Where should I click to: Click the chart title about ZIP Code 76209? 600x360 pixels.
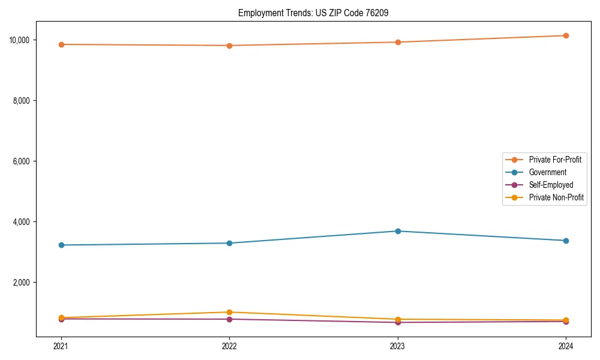(313, 13)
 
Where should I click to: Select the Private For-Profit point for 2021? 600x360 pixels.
(61, 44)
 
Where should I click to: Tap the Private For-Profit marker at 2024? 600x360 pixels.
(566, 35)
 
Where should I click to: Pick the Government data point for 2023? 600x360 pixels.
(398, 231)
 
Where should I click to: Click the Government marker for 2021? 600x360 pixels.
(61, 245)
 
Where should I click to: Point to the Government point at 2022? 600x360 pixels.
(229, 243)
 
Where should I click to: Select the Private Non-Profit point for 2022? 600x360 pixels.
(229, 312)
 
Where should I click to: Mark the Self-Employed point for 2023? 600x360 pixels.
(398, 322)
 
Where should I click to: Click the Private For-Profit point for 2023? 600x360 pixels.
(398, 42)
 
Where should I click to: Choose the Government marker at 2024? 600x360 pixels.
(566, 241)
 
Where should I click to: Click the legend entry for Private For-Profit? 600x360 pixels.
(555, 160)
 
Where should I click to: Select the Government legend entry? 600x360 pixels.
(547, 172)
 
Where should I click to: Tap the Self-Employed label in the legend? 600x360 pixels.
(551, 185)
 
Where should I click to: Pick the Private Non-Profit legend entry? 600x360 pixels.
(556, 197)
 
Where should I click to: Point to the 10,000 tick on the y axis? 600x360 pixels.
(20, 40)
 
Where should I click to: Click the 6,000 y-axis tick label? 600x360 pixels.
(22, 161)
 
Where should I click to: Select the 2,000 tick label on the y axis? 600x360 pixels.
(22, 283)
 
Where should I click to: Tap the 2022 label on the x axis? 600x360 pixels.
(229, 346)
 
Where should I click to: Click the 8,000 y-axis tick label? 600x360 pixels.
(22, 101)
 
